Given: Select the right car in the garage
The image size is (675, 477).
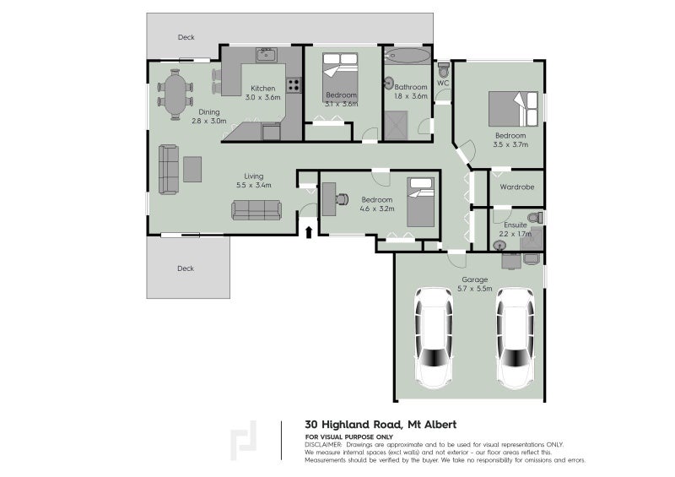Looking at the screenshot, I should [515, 336].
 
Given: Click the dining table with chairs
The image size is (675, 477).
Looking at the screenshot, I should [176, 95].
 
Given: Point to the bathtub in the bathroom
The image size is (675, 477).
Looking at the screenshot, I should [407, 57].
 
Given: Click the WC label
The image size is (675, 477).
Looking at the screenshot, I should [443, 83].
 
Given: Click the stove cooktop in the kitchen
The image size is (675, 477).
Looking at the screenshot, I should [294, 84].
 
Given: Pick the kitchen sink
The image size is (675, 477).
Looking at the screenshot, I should [267, 56].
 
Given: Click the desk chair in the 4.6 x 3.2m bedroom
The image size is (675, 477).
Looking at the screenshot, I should [342, 198].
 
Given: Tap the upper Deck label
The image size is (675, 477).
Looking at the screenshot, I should [186, 37].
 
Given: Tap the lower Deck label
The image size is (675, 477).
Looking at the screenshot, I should [186, 268].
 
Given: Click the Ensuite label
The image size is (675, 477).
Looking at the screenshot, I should [516, 225].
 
